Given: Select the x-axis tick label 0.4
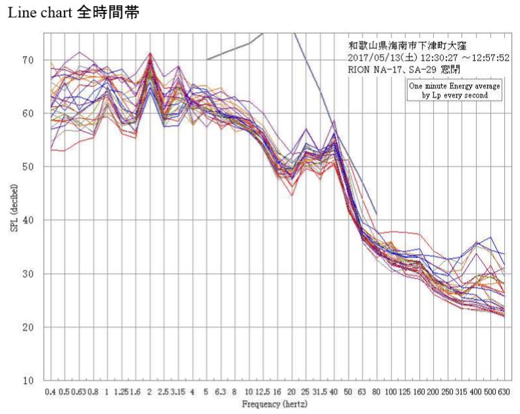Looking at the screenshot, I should click(x=50, y=392).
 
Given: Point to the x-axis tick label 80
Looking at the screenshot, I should click(x=376, y=392).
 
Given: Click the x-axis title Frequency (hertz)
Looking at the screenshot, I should click(x=275, y=403).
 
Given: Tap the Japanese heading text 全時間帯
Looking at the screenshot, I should click(x=108, y=13).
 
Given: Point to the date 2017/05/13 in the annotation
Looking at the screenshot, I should click(x=376, y=57).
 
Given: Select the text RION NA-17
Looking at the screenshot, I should click(x=372, y=68).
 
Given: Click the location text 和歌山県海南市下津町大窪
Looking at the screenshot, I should click(x=409, y=45).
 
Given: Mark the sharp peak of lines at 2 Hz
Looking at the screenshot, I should click(x=150, y=55).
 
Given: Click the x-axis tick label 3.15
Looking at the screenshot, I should click(x=177, y=392).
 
